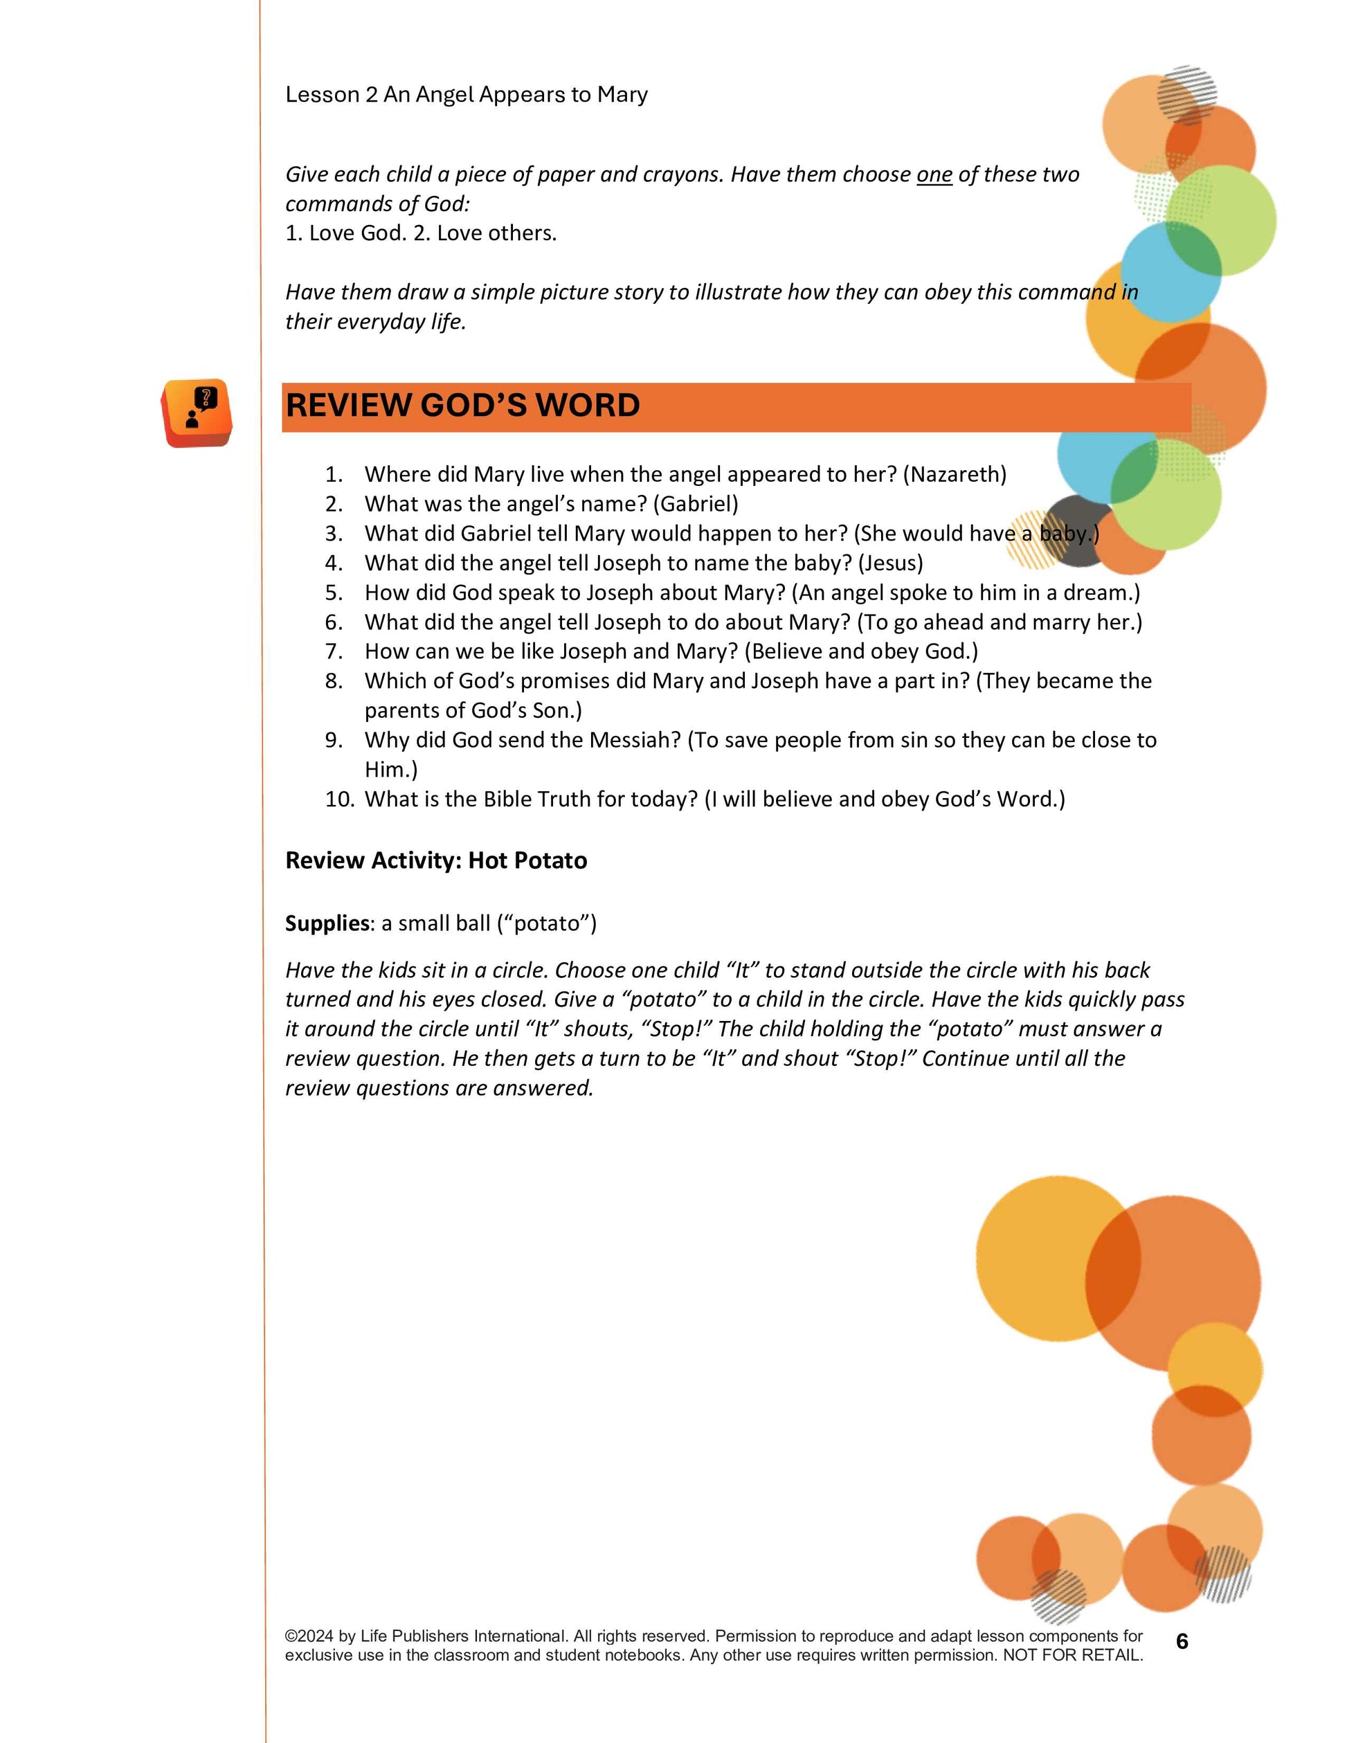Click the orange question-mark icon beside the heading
(x=197, y=412)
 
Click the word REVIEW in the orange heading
(x=348, y=406)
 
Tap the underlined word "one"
(x=934, y=174)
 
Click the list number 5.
(x=334, y=593)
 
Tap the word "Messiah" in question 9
(x=635, y=741)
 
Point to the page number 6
(x=1182, y=1642)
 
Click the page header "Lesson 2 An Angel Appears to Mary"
(x=466, y=95)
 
